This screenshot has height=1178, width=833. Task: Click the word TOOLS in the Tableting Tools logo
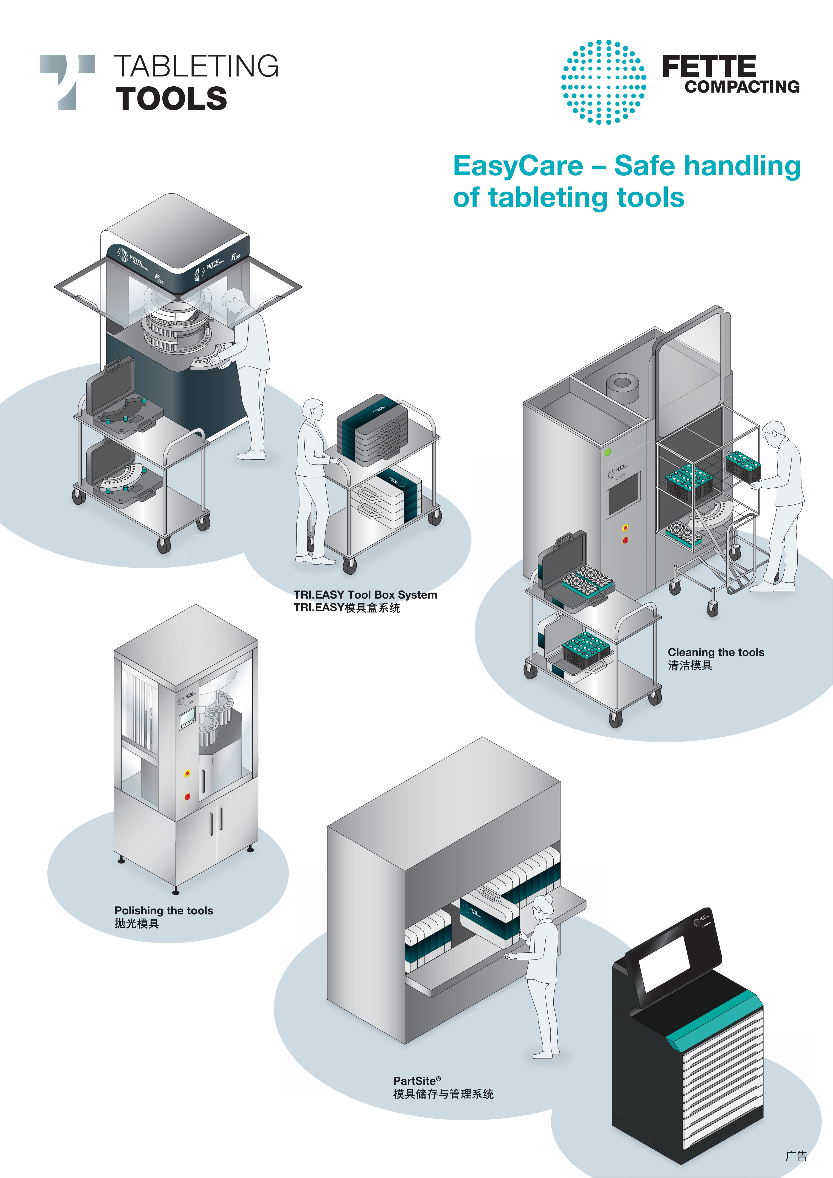[171, 99]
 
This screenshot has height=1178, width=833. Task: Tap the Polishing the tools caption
[163, 911]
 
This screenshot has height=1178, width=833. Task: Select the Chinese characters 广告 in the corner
[796, 1156]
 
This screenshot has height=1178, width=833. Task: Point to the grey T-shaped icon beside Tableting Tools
[67, 81]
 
